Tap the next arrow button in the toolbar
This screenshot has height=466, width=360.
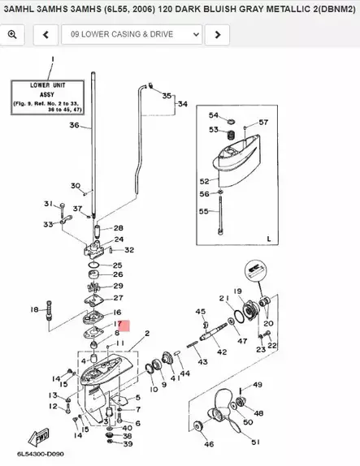point(217,35)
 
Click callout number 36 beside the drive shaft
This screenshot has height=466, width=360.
point(75,125)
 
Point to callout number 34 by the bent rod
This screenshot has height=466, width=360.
point(182,105)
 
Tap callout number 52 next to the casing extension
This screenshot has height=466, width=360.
point(205,181)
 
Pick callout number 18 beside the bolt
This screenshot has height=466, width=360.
point(34,309)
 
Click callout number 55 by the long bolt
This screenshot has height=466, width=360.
point(204,211)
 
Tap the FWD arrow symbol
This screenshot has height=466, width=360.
point(42,434)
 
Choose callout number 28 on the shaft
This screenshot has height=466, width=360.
point(119,228)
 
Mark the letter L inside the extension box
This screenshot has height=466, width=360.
point(267,239)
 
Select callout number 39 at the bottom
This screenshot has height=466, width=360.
point(128,444)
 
